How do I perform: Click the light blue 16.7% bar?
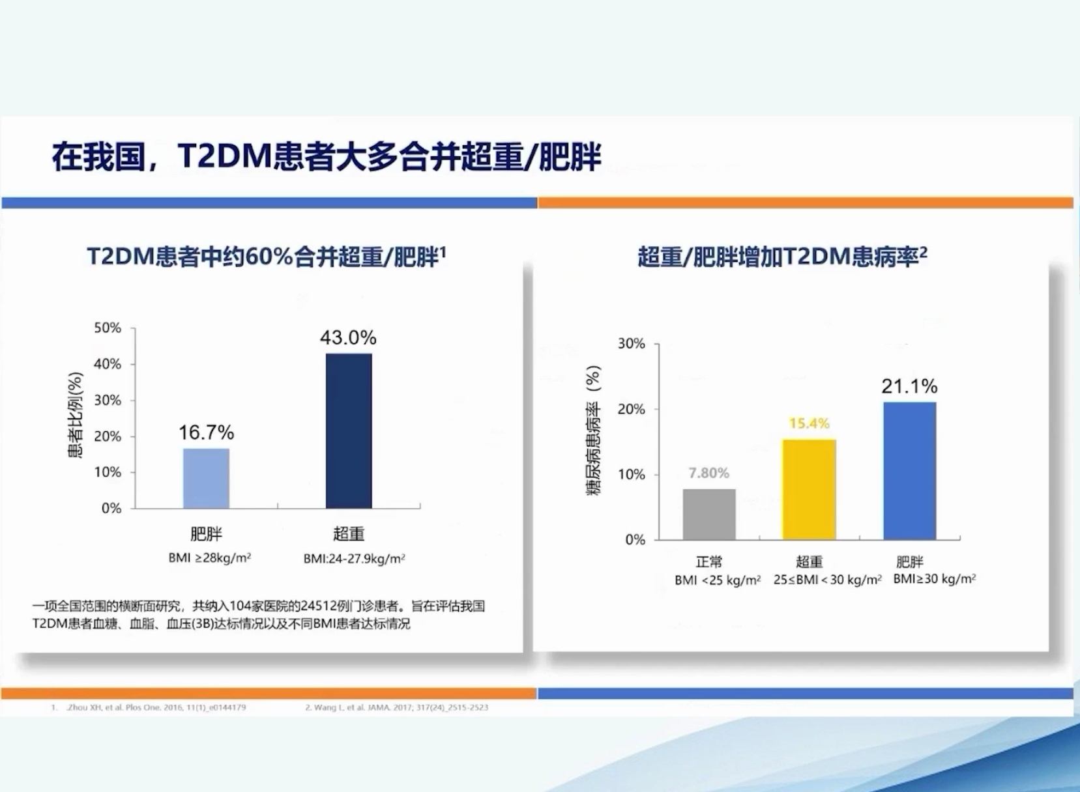[x=206, y=478]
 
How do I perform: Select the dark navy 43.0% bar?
[x=349, y=431]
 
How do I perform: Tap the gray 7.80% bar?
[x=709, y=515]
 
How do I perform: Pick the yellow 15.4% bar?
[x=809, y=490]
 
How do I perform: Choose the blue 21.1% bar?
[x=909, y=471]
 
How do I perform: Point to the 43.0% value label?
[x=348, y=337]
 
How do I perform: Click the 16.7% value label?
[x=206, y=432]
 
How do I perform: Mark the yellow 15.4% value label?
[x=809, y=423]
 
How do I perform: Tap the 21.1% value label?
[x=909, y=386]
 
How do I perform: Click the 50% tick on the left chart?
[x=108, y=328]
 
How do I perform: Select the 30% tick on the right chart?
[x=631, y=343]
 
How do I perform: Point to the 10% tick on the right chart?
[x=631, y=474]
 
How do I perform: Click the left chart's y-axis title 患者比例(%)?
[x=75, y=415]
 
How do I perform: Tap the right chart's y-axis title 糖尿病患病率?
[x=593, y=430]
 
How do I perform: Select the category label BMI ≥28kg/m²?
[x=209, y=558]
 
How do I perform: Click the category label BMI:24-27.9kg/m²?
[x=354, y=559]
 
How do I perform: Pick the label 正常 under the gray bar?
[x=708, y=561]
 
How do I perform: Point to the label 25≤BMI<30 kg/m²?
[x=827, y=580]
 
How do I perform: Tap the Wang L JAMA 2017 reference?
[x=396, y=707]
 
